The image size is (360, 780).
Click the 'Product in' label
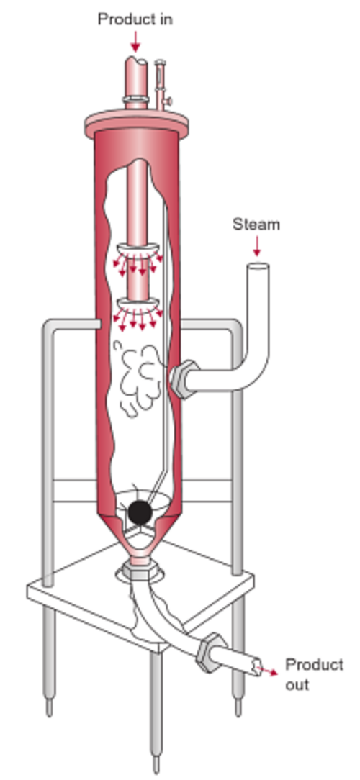tap(135, 19)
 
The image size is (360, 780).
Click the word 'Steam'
tap(256, 225)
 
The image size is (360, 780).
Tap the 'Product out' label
tap(314, 674)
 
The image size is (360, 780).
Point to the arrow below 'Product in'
tap(135, 42)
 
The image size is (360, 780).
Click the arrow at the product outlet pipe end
tap(269, 671)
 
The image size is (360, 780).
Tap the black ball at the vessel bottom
tap(140, 513)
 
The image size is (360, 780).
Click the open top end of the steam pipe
tap(258, 267)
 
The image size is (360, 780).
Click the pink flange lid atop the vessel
tap(137, 122)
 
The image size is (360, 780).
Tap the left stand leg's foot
tap(49, 708)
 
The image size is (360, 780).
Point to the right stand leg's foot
tap(238, 708)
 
